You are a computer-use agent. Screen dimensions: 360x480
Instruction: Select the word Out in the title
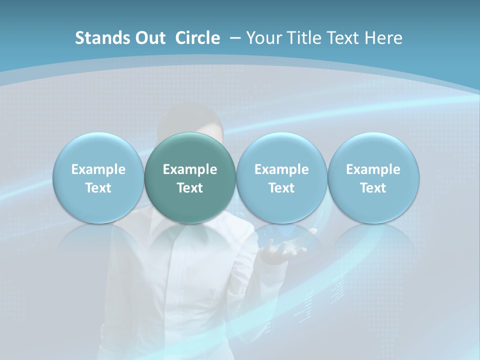point(150,38)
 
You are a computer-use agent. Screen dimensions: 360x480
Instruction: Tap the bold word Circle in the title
point(197,38)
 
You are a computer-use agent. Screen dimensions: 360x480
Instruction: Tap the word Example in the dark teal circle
point(190,169)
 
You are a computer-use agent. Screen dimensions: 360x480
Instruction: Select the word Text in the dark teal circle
point(190,188)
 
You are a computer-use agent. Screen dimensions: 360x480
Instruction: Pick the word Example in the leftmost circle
point(98,169)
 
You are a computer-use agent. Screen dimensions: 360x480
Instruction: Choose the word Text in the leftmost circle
point(98,188)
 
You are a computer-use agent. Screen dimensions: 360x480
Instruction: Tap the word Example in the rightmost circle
point(373,169)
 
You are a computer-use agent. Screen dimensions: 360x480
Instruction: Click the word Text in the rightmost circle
point(373,188)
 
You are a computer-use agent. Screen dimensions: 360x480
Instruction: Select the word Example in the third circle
point(281,169)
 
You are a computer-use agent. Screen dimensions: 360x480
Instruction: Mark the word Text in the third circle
point(281,188)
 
